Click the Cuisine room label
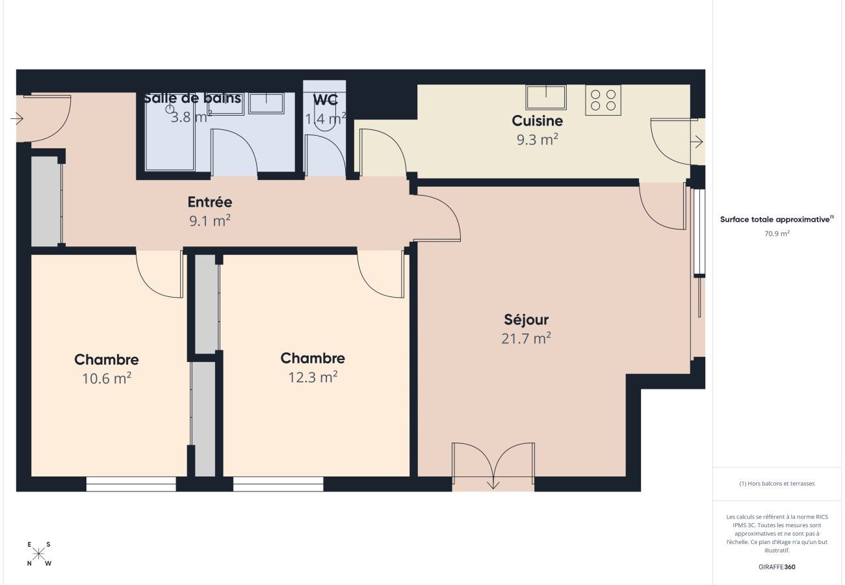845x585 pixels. (537, 120)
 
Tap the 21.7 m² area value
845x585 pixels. (526, 338)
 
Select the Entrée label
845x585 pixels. (209, 202)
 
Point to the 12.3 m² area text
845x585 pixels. (313, 377)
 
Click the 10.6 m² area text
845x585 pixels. (107, 378)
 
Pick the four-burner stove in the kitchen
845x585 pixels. (603, 100)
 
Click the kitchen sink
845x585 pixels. (545, 97)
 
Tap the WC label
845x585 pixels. (325, 101)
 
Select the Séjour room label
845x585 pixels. (526, 320)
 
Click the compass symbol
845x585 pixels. (39, 554)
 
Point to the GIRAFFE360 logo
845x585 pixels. (777, 567)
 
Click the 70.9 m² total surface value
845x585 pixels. (777, 233)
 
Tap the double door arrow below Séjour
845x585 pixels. (493, 483)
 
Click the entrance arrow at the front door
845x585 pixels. (18, 119)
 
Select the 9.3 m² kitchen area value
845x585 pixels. (537, 139)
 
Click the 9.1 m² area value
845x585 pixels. (209, 221)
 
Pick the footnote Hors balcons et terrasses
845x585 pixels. (777, 484)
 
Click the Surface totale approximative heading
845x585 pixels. (776, 220)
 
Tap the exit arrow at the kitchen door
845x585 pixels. (697, 141)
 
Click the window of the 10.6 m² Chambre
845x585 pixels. (131, 484)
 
